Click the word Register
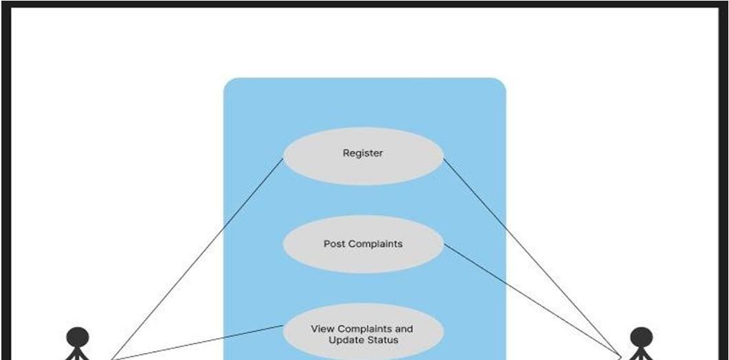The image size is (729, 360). coord(363,153)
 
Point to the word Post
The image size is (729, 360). coord(335,244)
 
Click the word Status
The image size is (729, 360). coord(382,340)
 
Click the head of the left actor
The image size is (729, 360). coord(78,337)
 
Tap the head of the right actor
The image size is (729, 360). coord(642,337)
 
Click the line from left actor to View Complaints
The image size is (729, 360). coord(199,342)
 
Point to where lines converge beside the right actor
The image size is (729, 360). coord(620,357)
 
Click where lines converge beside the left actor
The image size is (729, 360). coord(109,358)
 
